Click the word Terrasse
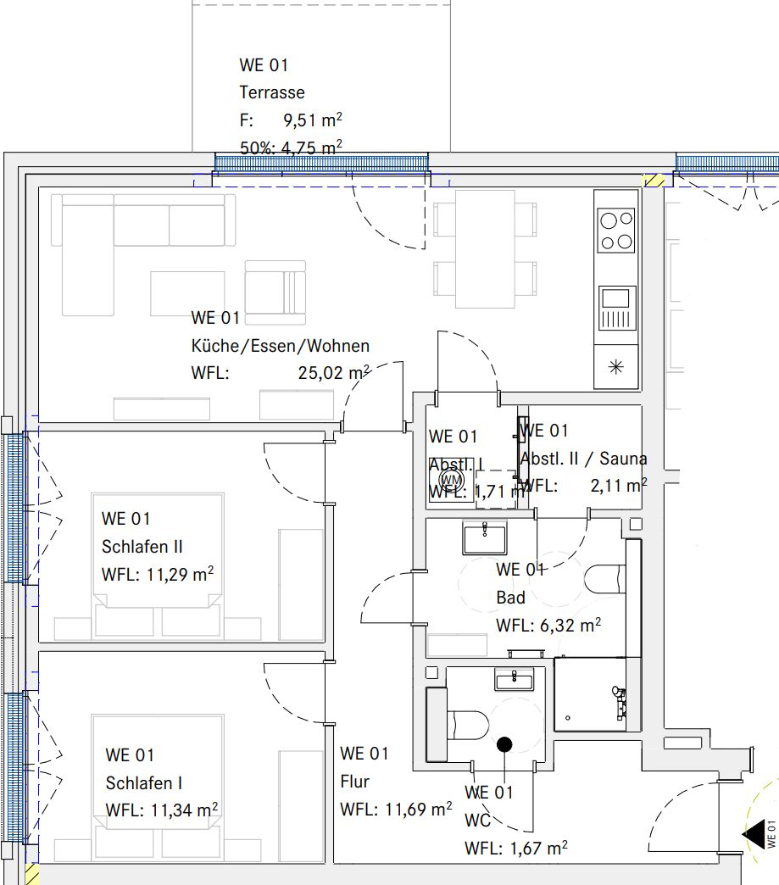[x=271, y=92]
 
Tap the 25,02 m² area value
[x=334, y=371]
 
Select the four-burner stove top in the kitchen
[x=616, y=231]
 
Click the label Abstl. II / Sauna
[x=583, y=459]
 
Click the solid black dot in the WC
[x=504, y=745]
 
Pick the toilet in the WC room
[x=467, y=726]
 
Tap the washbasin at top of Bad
[x=485, y=538]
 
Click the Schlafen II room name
[x=142, y=547]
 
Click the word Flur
[x=354, y=782]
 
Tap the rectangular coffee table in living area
[x=187, y=292]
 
